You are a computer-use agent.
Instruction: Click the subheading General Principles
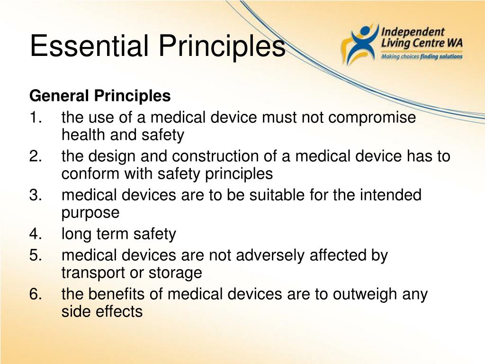100,96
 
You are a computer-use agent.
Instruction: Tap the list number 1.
35,118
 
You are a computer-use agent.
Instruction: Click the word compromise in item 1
372,118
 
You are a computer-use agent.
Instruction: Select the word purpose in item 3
90,213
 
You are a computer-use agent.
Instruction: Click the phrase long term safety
118,234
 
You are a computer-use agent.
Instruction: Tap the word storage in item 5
176,273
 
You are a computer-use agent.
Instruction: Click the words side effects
102,311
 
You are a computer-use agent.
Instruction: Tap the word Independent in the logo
413,32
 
